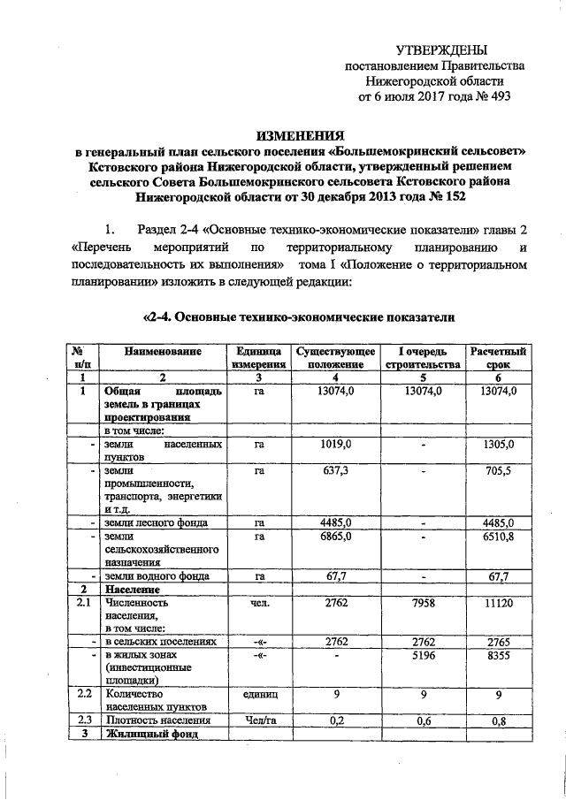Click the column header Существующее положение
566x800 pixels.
coord(337,357)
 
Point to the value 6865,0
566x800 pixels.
coord(337,536)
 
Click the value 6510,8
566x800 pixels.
coord(499,536)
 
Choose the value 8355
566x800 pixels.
coord(499,657)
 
